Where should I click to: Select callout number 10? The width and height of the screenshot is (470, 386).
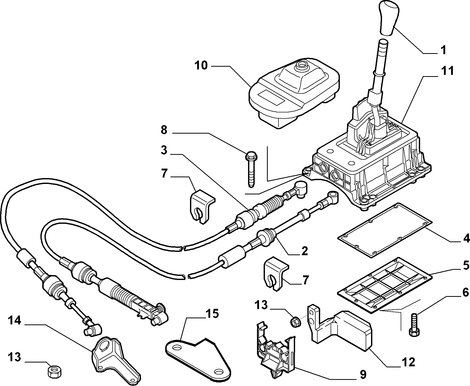click(201, 65)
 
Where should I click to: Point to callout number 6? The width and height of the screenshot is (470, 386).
click(465, 293)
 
